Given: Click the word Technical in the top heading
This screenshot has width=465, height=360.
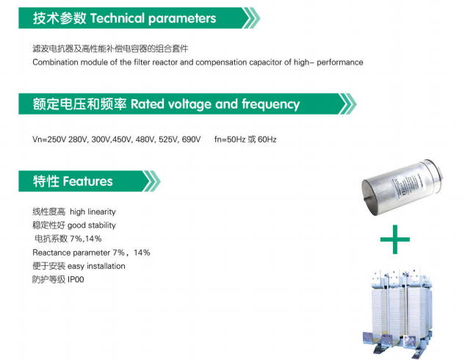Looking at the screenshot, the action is pyautogui.click(x=117, y=18).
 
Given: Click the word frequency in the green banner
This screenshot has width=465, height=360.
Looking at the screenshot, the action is pyautogui.click(x=270, y=105).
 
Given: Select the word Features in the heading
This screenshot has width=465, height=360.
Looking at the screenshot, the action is pyautogui.click(x=87, y=181).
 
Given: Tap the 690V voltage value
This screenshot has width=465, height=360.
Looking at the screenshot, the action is pyautogui.click(x=191, y=140).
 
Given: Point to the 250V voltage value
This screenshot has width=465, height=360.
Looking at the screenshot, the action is pyautogui.click(x=57, y=140).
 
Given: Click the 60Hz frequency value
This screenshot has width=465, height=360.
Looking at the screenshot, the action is pyautogui.click(x=267, y=140).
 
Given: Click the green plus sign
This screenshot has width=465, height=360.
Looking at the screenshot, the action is pyautogui.click(x=394, y=240).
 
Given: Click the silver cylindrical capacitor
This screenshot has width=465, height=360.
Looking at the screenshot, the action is pyautogui.click(x=402, y=186).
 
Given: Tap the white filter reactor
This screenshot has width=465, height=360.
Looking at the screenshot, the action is pyautogui.click(x=398, y=313).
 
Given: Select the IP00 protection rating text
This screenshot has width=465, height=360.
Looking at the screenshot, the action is pyautogui.click(x=76, y=279).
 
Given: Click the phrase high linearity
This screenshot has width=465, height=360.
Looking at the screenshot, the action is pyautogui.click(x=93, y=212).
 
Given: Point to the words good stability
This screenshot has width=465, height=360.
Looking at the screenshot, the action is pyautogui.click(x=92, y=226).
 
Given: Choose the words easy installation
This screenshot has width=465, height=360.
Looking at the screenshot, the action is pyautogui.click(x=96, y=266).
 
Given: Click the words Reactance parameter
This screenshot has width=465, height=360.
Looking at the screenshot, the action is pyautogui.click(x=71, y=253).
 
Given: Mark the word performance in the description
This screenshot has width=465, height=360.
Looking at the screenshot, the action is pyautogui.click(x=340, y=62).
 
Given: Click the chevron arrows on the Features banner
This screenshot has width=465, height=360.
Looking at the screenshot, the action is pyautogui.click(x=151, y=181).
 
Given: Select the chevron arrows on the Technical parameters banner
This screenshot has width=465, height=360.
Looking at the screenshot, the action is pyautogui.click(x=251, y=18).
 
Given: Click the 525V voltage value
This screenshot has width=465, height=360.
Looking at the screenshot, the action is pyautogui.click(x=169, y=140).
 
